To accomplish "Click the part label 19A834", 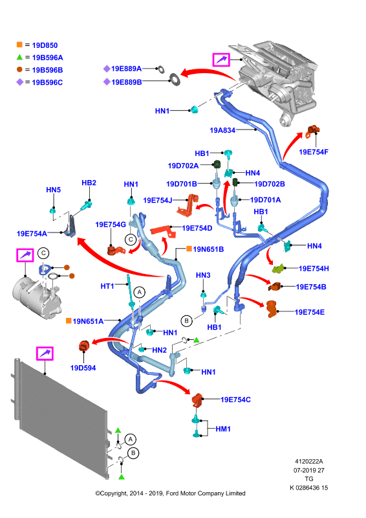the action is pos(222,130).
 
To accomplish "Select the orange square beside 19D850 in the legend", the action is pos(19,45).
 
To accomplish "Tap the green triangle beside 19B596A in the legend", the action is pos(19,57).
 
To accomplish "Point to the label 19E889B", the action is pos(126,82).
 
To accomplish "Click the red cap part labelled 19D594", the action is pos(84,346).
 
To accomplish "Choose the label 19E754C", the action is pos(235,400).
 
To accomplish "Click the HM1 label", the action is pos(223,429).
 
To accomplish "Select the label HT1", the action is pos(107,286).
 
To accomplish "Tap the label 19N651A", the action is pos(88,321).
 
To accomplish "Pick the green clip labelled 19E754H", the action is pos(278,269).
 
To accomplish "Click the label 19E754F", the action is pos(314,152).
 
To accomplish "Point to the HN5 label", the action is pos(54,190).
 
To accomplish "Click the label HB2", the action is pos(89,183).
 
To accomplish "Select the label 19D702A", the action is pos(183,166).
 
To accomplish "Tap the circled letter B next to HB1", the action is pos(186,321).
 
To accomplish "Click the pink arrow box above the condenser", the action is pos(45,354).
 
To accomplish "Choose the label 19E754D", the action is pos(197,228).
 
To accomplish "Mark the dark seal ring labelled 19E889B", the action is pos(175,79).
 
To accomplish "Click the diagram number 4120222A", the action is pos(309,461).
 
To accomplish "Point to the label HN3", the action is pos(203,275).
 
